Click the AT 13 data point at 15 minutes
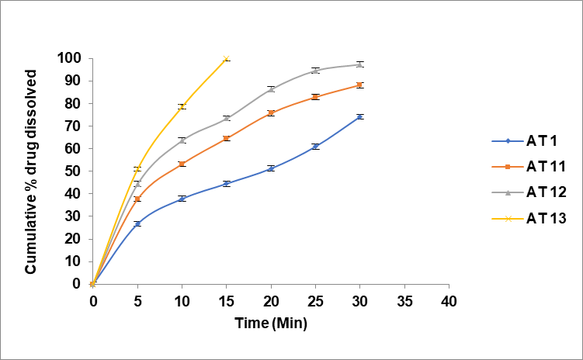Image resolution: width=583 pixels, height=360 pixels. [x=226, y=59]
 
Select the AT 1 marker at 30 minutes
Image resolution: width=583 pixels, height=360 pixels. [x=360, y=116]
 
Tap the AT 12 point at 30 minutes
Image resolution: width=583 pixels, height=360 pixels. [x=360, y=64]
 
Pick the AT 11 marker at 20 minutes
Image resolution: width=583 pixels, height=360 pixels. [x=271, y=112]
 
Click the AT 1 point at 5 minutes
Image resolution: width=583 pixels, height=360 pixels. [x=137, y=223]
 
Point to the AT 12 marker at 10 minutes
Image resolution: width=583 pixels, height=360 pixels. [x=182, y=140]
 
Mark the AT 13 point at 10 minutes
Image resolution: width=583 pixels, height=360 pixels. [x=182, y=106]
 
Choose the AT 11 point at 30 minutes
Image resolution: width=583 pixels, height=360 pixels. [x=360, y=85]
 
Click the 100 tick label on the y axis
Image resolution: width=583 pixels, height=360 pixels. [x=69, y=58]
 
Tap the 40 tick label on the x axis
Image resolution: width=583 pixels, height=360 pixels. [x=449, y=299]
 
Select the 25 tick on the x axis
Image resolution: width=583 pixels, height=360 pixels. [x=315, y=299]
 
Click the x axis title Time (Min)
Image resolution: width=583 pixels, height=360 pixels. [x=272, y=324]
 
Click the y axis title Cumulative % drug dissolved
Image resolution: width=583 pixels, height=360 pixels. [x=32, y=171]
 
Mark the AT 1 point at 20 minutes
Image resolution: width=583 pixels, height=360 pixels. [x=271, y=168]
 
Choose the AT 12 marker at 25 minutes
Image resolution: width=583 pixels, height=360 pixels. [x=315, y=70]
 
